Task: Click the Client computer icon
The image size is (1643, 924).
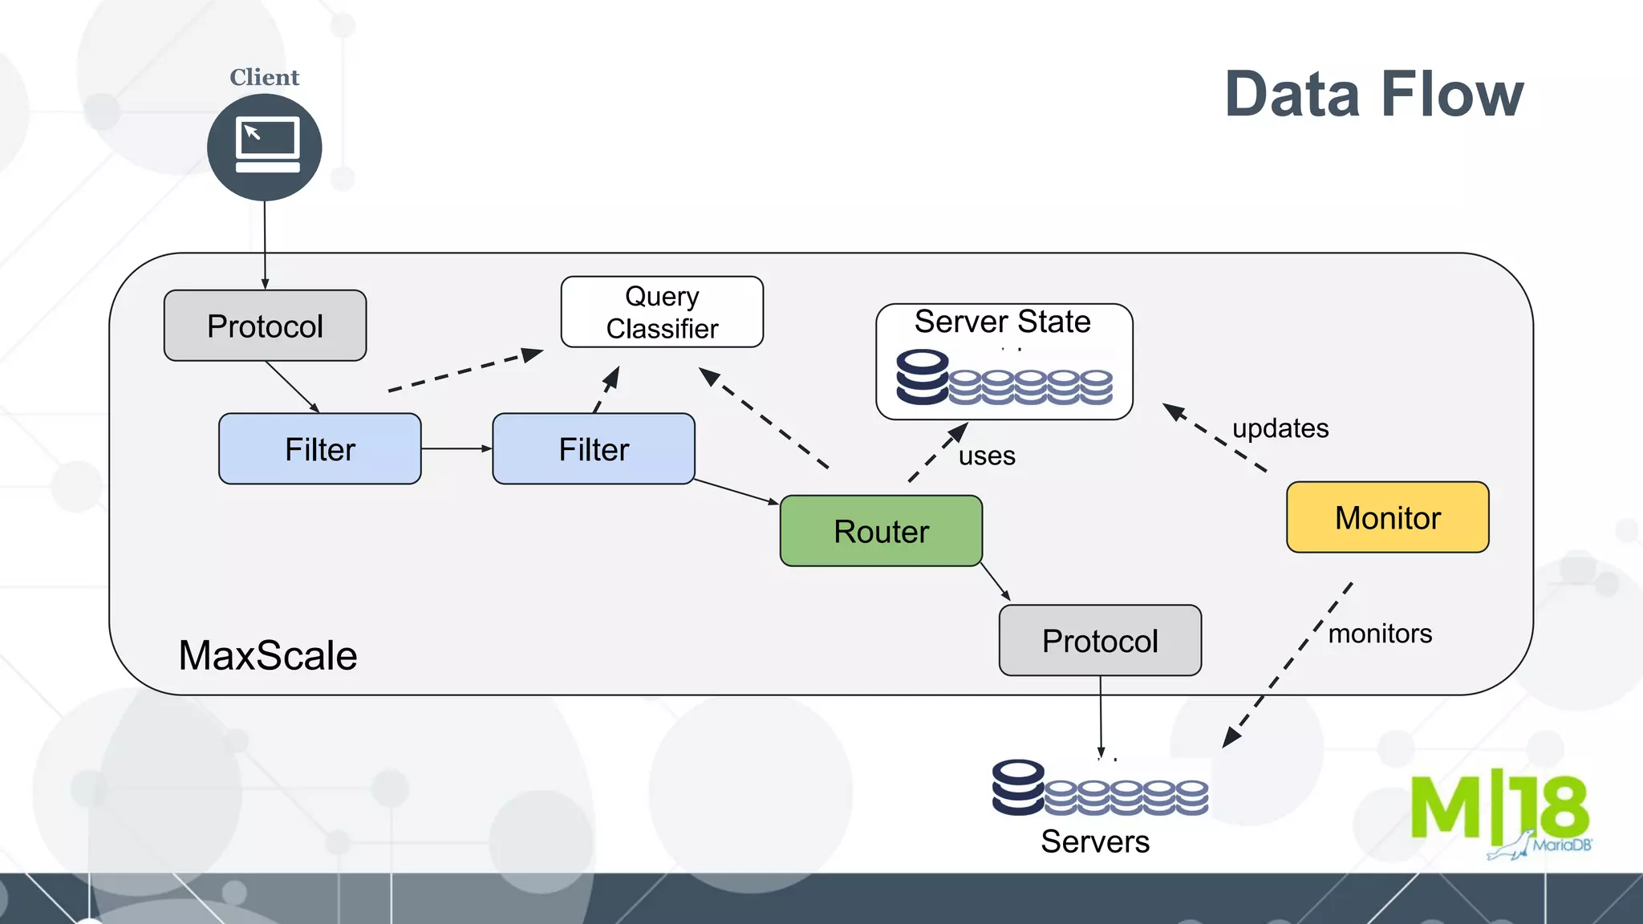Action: click(265, 147)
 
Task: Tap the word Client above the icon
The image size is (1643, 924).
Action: click(264, 77)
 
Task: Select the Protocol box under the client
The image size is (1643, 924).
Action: click(265, 326)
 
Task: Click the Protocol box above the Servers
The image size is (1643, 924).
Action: click(1100, 641)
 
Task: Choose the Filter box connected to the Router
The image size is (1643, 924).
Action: click(594, 449)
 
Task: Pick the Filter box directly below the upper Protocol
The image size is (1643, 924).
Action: click(319, 449)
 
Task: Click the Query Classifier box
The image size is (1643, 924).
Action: click(662, 312)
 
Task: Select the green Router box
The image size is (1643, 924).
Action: click(881, 531)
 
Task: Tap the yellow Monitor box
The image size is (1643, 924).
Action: click(1387, 517)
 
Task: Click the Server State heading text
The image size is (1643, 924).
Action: click(1002, 322)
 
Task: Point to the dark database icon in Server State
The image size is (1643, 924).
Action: click(923, 377)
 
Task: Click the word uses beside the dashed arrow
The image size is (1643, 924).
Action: click(987, 456)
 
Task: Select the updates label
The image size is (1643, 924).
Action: click(1280, 428)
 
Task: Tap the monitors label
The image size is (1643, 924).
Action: click(1380, 634)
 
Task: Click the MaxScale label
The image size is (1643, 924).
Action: click(268, 655)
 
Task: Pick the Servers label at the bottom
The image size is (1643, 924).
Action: click(1095, 841)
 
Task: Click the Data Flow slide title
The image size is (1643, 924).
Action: click(1373, 95)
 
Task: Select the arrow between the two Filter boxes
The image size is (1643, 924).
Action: click(456, 448)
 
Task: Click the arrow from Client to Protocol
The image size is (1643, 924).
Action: click(265, 245)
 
